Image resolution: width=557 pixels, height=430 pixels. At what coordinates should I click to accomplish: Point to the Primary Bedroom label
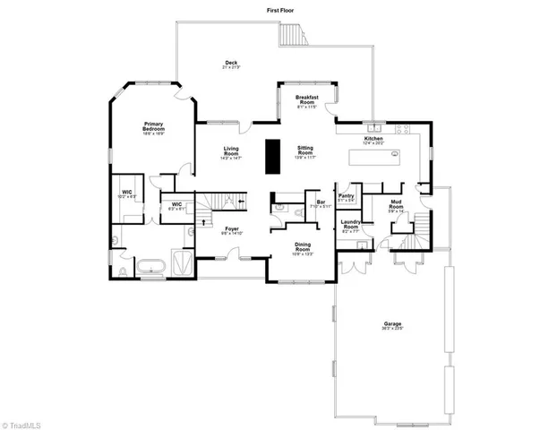pyautogui.click(x=153, y=129)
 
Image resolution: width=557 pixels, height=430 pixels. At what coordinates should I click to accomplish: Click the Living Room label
pyautogui.click(x=231, y=152)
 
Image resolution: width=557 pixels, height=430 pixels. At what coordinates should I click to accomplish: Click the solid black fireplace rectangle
pyautogui.click(x=271, y=158)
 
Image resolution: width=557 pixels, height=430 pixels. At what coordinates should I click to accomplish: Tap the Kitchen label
pyautogui.click(x=373, y=140)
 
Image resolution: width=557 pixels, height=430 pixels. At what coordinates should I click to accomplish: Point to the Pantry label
pyautogui.click(x=346, y=199)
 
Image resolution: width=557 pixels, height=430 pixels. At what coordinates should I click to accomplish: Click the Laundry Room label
pyautogui.click(x=350, y=225)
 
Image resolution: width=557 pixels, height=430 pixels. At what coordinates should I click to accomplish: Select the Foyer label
pyautogui.click(x=232, y=230)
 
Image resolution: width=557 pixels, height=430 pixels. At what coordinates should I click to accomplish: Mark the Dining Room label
pyautogui.click(x=303, y=249)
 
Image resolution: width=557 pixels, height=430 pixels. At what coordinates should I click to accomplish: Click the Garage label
pyautogui.click(x=392, y=326)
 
